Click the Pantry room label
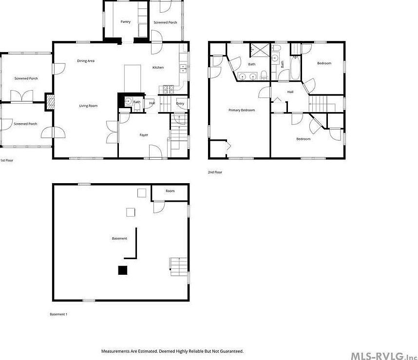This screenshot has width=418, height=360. click(x=126, y=22)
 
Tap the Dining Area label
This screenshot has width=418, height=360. click(x=86, y=61)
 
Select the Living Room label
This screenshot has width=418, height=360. click(x=89, y=106)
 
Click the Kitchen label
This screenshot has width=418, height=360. click(x=158, y=67)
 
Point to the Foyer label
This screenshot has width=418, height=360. click(x=144, y=135)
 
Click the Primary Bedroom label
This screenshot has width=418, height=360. click(x=242, y=110)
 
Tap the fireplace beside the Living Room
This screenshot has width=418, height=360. click(x=49, y=103)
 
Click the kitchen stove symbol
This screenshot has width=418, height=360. click(x=167, y=89)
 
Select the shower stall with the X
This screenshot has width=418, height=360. click(x=258, y=50)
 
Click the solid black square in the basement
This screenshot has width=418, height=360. click(x=122, y=270)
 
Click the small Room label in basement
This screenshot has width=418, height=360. click(x=170, y=191)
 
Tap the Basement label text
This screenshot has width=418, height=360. click(x=119, y=238)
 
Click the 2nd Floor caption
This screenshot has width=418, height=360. click(x=215, y=172)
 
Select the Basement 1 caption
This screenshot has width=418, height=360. click(x=58, y=314)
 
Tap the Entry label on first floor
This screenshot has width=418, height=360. click(x=180, y=103)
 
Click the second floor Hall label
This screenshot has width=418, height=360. click(x=290, y=92)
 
